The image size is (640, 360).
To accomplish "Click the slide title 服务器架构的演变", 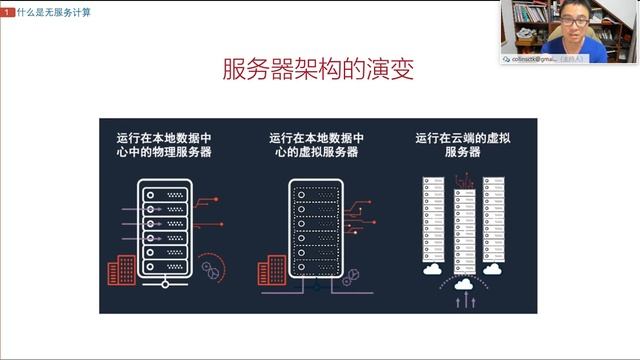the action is click(317, 71).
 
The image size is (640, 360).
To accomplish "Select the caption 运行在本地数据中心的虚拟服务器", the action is click(316, 144).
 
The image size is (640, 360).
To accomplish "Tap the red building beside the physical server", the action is click(120, 269).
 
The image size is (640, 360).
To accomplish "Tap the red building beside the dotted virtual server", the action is click(271, 269).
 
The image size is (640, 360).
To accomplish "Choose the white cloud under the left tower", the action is click(433, 268).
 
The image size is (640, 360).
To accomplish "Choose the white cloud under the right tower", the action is click(492, 268).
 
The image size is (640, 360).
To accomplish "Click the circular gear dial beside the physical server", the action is click(210, 267).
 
